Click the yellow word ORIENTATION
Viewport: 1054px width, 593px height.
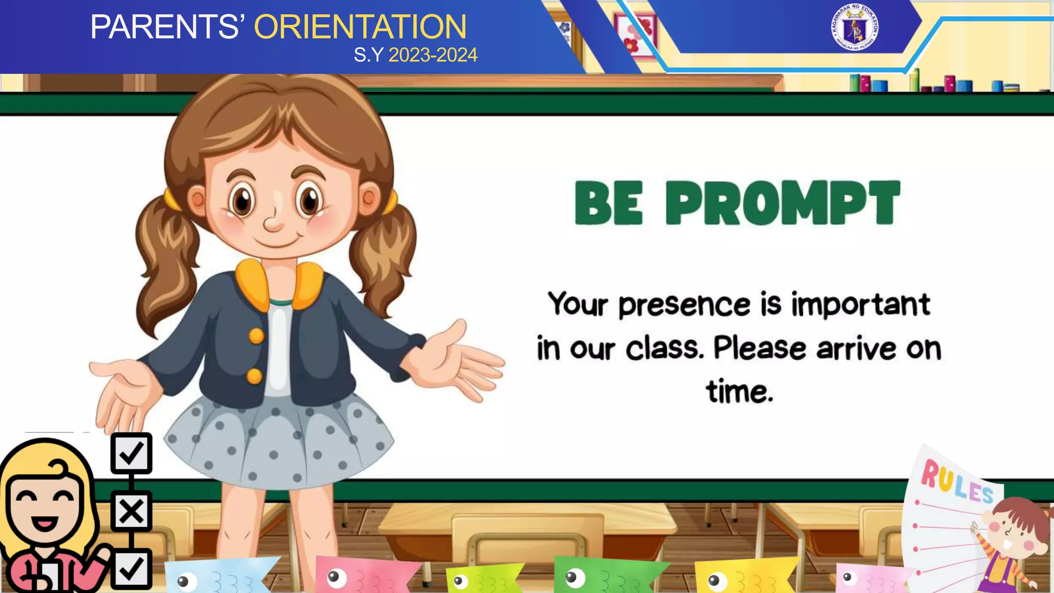(x=360, y=27)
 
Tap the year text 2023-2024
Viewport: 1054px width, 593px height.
(x=433, y=55)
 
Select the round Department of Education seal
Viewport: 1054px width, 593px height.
(x=854, y=27)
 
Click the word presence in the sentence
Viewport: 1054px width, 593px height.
(x=684, y=305)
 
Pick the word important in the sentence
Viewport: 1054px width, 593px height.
(x=860, y=304)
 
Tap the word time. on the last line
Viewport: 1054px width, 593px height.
(x=740, y=392)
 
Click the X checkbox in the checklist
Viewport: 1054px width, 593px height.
(x=131, y=511)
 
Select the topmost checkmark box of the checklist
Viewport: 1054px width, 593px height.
(x=131, y=453)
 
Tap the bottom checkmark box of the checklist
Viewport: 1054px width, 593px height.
(x=131, y=569)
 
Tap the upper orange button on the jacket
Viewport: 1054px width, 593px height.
(x=256, y=337)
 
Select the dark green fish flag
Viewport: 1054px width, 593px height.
(x=607, y=575)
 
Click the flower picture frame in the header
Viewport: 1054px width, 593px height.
(x=636, y=33)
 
